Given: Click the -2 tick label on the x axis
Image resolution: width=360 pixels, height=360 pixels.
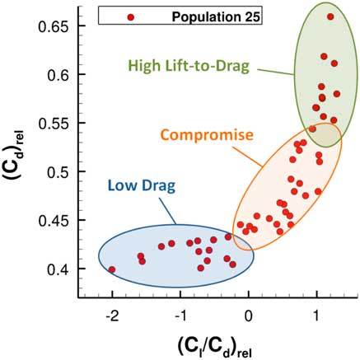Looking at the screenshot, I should [110, 317].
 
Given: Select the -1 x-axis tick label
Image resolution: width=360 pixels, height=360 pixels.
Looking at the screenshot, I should [178, 317].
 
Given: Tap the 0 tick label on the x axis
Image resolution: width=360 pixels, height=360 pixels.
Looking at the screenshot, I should [249, 317].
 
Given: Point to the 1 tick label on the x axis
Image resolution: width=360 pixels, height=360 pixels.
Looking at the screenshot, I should [317, 317].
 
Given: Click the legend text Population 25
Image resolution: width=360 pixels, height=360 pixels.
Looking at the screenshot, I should [206, 16].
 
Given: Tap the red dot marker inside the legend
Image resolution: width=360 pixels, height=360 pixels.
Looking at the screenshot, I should [131, 16].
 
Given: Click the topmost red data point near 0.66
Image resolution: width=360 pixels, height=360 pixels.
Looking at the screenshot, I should [330, 16].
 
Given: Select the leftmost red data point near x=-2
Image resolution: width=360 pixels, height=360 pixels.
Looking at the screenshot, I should [111, 269].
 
